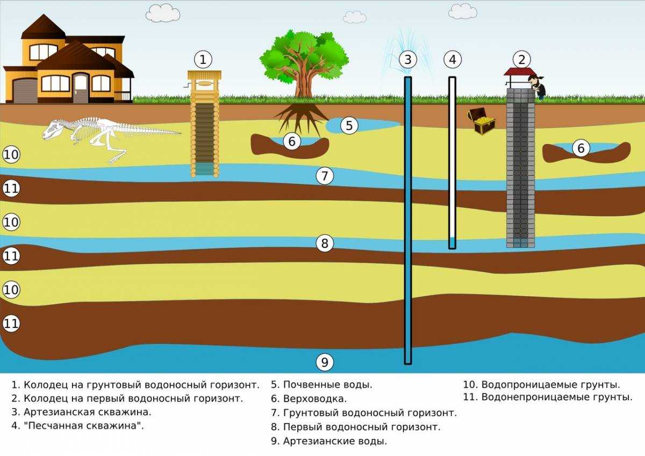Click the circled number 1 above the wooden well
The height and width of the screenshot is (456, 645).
203,59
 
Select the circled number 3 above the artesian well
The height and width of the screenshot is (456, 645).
408,59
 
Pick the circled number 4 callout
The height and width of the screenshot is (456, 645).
453,59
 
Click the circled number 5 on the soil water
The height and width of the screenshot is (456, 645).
349,126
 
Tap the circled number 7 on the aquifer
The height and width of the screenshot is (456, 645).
325,176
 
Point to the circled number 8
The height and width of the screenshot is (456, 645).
325,244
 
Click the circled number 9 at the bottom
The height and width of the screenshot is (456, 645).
325,362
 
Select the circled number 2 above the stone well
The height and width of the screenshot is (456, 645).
521,59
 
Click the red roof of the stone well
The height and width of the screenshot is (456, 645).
520,72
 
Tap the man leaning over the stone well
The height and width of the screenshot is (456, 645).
538,86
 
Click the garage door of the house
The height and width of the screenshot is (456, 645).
23,90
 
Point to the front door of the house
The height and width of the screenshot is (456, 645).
81,88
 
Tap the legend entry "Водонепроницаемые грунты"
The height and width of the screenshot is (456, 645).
556,397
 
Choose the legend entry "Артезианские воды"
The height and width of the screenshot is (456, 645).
335,441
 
